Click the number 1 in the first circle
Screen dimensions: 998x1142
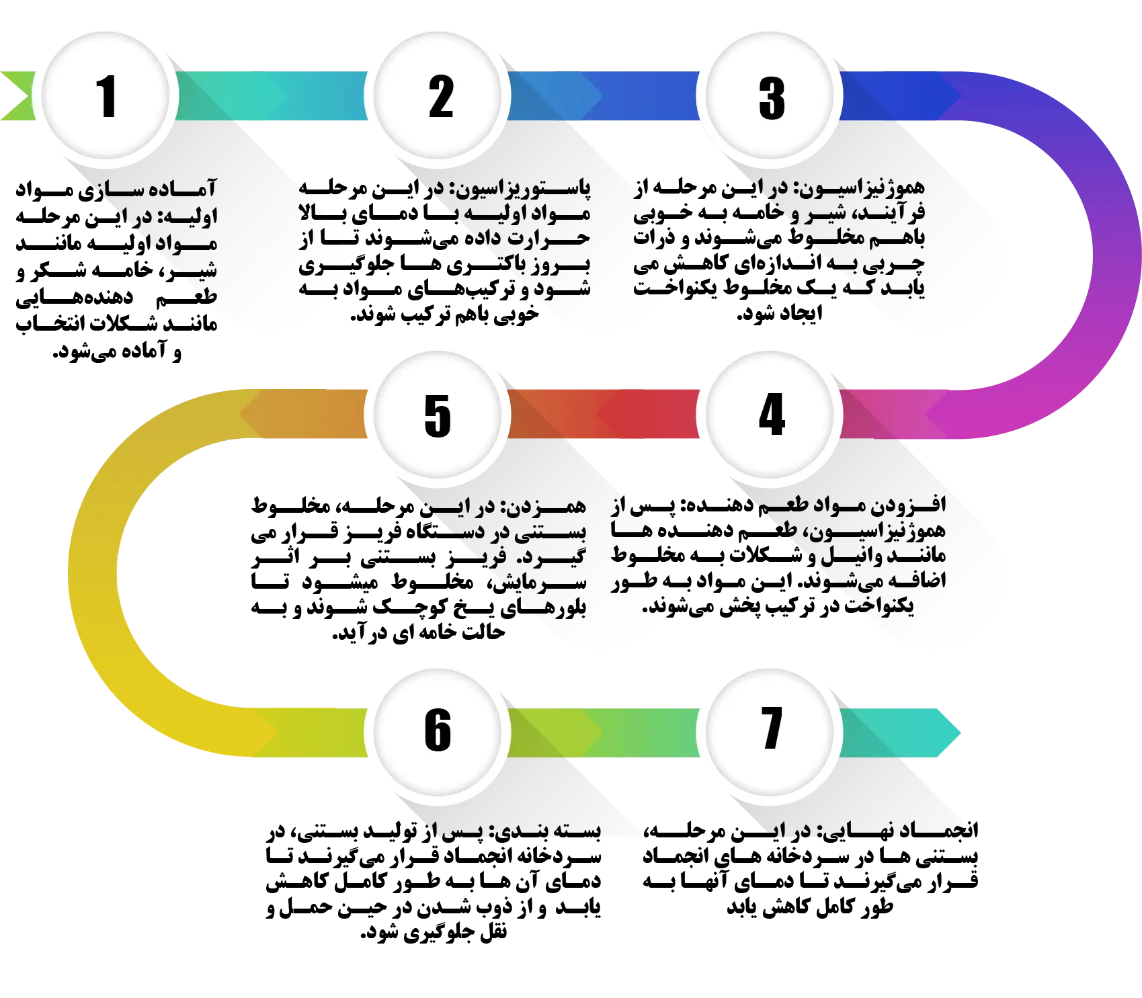coord(106,97)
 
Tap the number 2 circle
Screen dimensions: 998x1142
coord(440,97)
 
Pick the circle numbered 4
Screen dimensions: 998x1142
coord(771,414)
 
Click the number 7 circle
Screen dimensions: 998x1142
coord(771,729)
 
